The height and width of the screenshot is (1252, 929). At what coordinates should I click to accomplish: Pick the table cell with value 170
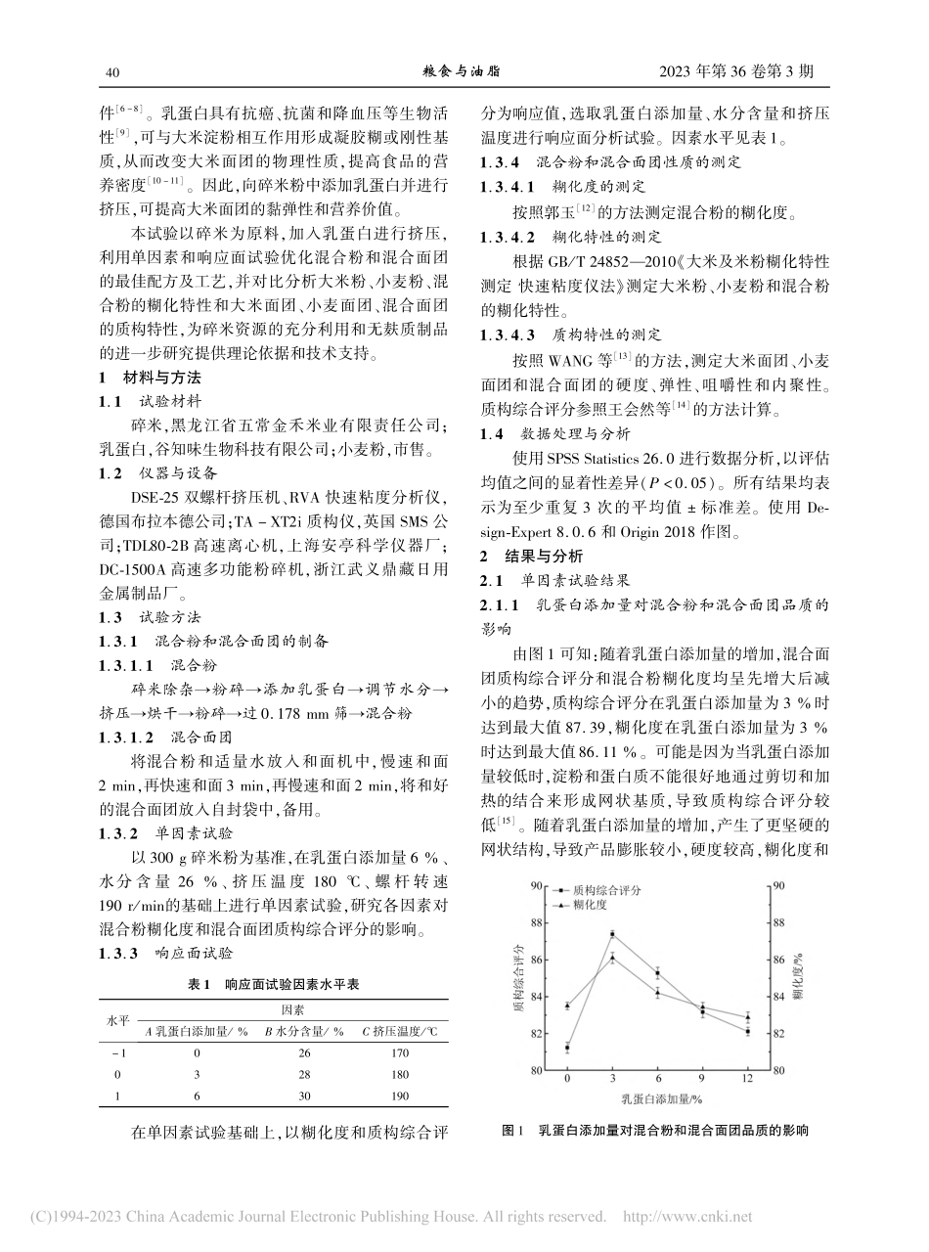(x=401, y=1051)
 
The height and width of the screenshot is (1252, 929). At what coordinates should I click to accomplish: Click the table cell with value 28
(x=303, y=1074)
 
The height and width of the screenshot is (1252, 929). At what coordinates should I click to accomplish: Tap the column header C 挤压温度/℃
(x=401, y=1030)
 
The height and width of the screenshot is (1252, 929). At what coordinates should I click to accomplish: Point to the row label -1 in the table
(x=119, y=1051)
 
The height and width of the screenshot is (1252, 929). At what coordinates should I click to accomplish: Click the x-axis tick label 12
(x=747, y=1079)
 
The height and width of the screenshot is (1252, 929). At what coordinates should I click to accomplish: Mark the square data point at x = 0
(x=567, y=1048)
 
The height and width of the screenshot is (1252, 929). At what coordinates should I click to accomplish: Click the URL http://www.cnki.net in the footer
(x=687, y=1217)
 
